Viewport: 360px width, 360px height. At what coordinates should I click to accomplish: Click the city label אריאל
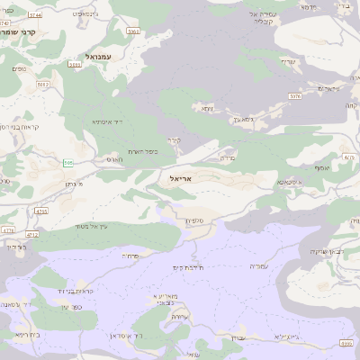[180, 179]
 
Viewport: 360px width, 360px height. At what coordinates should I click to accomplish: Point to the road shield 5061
[133, 31]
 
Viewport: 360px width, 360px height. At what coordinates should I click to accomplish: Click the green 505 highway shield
[67, 163]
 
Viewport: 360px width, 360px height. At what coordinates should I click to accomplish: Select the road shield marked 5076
[294, 94]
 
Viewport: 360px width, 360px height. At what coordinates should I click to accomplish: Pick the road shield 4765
[40, 211]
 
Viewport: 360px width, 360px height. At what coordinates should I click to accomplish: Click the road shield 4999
[346, 342]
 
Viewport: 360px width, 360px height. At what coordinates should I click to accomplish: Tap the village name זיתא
[207, 108]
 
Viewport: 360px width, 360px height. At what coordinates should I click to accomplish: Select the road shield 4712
[31, 234]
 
